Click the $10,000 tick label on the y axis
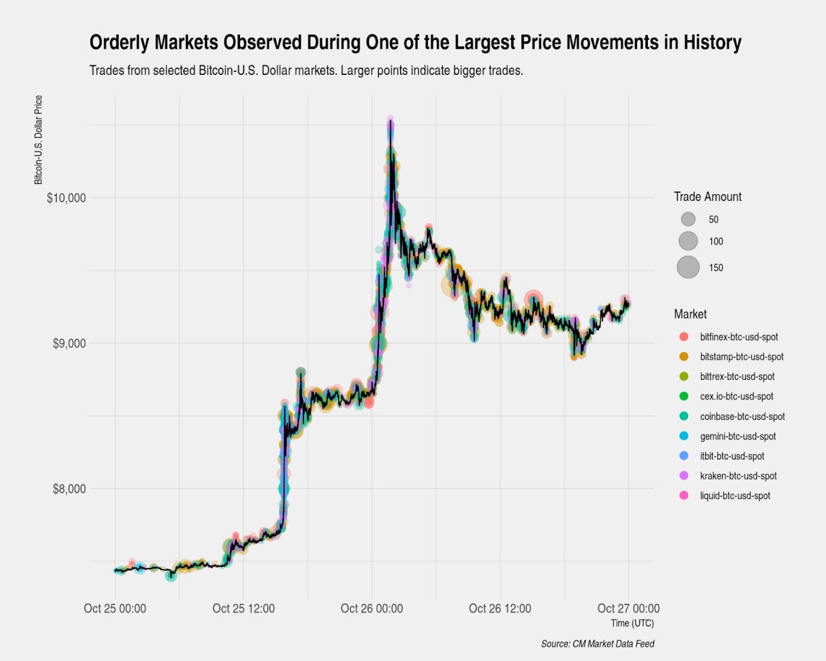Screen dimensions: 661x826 click(66, 198)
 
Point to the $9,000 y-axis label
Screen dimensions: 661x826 click(69, 343)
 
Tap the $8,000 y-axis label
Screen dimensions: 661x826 click(69, 489)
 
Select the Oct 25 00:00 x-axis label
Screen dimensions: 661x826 click(115, 609)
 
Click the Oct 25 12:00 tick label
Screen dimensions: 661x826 click(243, 609)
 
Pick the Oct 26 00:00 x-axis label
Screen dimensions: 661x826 click(372, 609)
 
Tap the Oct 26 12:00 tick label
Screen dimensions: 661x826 click(500, 609)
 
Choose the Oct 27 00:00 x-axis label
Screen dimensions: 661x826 click(628, 609)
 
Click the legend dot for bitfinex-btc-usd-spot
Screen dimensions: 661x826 click(684, 337)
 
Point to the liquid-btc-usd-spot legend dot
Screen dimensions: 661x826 click(684, 496)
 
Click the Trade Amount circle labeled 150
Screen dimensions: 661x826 click(688, 267)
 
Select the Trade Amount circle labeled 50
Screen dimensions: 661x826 click(688, 219)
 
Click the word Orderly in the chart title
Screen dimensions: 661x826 click(119, 43)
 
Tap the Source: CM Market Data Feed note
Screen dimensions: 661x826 click(597, 644)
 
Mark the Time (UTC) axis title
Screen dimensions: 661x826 click(632, 623)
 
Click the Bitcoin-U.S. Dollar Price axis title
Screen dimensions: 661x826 click(39, 140)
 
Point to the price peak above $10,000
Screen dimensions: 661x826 click(390, 120)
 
